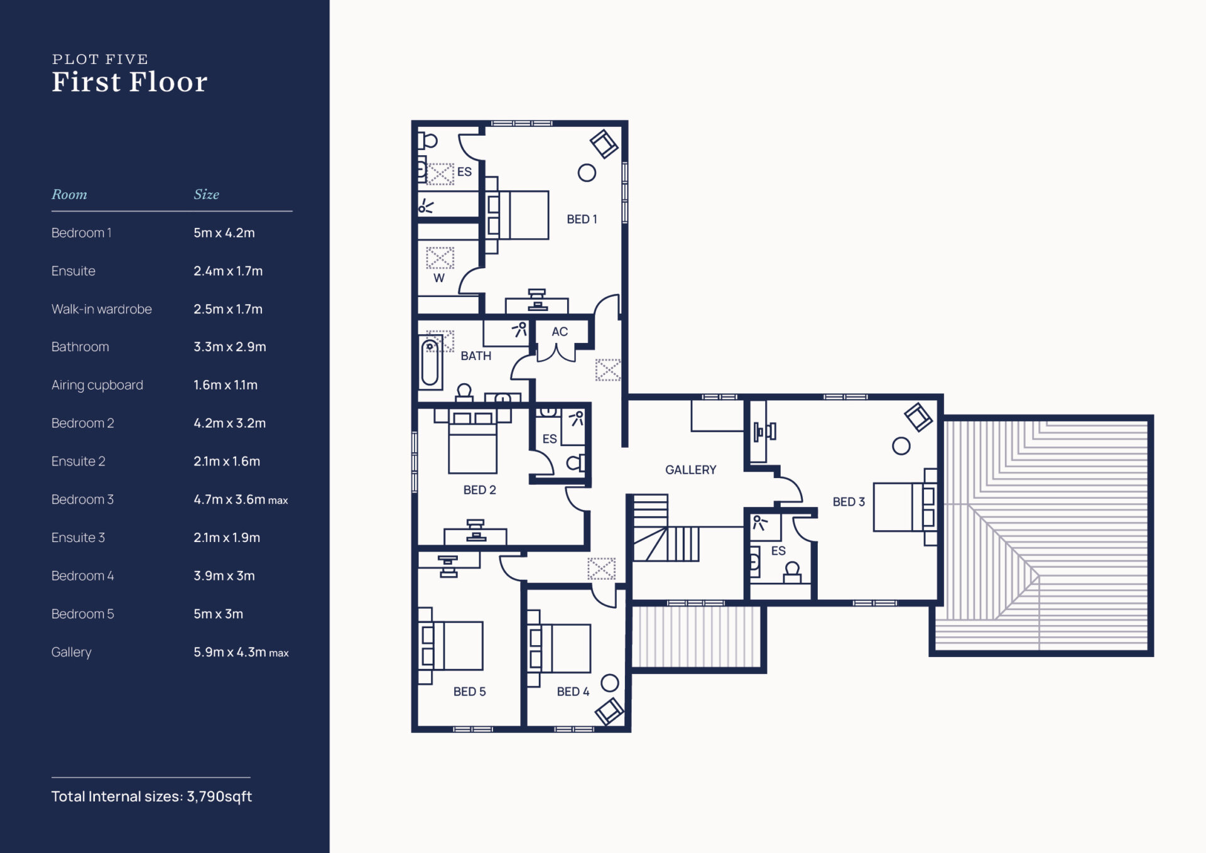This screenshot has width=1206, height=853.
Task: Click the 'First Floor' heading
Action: point(129,82)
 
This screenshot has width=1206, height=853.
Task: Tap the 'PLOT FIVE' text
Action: point(100,59)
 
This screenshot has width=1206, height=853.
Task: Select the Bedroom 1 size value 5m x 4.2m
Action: point(224,233)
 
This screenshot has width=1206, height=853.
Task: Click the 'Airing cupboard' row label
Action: point(97,385)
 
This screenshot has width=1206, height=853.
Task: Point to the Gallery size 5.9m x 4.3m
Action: point(241,653)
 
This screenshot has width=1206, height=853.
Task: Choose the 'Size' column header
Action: point(206,195)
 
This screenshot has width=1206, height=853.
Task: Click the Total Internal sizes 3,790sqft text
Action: point(151,796)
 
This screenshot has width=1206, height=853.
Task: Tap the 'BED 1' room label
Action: point(582,219)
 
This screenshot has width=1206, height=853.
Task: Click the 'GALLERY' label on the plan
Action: point(690,470)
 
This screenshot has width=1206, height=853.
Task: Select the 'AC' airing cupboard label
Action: point(560,332)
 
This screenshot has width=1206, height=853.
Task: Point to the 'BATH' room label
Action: point(475,356)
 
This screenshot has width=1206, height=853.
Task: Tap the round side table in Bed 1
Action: point(587,173)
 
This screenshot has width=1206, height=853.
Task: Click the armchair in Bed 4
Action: point(609,711)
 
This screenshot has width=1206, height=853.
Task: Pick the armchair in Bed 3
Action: point(918,417)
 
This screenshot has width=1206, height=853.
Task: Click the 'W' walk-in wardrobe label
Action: point(439,278)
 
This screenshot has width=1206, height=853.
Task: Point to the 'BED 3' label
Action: point(849,502)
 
